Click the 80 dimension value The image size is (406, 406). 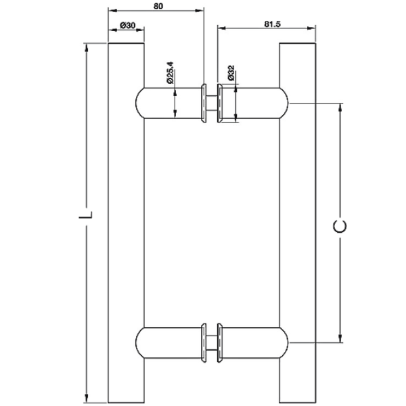[158, 5]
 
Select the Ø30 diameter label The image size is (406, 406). [128, 26]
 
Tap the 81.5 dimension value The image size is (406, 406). [272, 24]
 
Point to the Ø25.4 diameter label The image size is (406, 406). [170, 72]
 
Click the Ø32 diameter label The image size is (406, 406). [231, 72]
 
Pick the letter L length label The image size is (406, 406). [86, 215]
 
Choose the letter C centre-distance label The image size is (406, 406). [340, 226]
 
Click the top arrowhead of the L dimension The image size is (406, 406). [87, 47]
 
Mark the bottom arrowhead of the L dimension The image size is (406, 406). [87, 399]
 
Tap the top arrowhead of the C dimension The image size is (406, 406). [340, 108]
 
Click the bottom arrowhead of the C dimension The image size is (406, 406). [340, 338]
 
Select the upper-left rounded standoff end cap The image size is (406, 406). [139, 103]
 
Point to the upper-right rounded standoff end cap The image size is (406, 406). [284, 103]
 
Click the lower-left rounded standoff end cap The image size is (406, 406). [139, 343]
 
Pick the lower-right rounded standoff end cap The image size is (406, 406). [284, 343]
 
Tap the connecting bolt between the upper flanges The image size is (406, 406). [212, 103]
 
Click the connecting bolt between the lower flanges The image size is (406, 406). [212, 343]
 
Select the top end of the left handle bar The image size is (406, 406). [126, 43]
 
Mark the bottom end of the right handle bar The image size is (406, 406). [298, 403]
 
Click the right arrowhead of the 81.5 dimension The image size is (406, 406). [311, 28]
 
